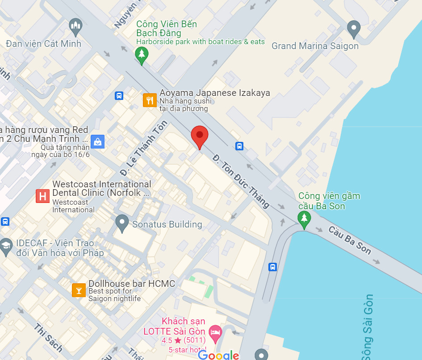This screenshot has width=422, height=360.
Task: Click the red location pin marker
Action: click(x=199, y=137)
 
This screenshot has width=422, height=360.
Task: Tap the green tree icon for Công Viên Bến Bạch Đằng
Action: click(x=142, y=54)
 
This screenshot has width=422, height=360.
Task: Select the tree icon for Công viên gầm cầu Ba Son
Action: click(x=304, y=218)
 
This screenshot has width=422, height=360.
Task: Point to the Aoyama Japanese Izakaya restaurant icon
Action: click(x=149, y=100)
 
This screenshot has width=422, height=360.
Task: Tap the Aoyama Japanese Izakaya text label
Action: click(x=214, y=93)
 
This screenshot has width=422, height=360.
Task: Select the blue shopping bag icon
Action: click(x=97, y=142)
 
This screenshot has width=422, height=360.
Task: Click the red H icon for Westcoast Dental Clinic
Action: click(x=42, y=196)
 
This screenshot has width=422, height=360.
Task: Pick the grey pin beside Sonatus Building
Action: click(x=122, y=222)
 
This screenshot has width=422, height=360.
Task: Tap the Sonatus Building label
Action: click(x=167, y=224)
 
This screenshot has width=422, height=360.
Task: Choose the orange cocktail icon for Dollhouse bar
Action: click(x=79, y=290)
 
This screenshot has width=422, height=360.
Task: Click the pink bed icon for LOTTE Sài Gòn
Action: click(x=215, y=332)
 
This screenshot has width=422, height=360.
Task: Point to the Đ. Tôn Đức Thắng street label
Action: click(x=241, y=181)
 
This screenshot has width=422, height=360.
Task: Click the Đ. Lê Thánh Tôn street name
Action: click(x=144, y=148)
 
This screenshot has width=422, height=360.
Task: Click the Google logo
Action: click(x=218, y=355)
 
